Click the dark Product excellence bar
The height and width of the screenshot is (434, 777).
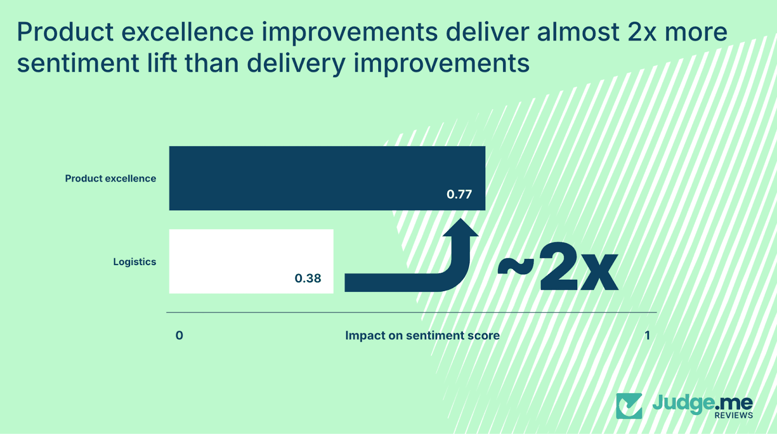[327, 178]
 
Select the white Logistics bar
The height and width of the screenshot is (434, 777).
[251, 261]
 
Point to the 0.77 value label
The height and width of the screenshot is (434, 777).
[459, 195]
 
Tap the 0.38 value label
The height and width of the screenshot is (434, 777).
[308, 279]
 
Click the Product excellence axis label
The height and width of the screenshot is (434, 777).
[111, 179]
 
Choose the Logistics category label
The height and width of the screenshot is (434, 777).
[135, 262]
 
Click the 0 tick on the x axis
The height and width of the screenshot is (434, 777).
[179, 335]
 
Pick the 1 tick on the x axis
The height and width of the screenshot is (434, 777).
[647, 335]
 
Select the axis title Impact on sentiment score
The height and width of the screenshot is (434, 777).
[422, 335]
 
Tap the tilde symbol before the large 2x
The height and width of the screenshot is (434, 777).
[516, 266]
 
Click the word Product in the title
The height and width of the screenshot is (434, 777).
[65, 33]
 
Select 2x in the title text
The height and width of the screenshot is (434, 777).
[642, 33]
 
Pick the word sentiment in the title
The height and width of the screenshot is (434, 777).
[78, 64]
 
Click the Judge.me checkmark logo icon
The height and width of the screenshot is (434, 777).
[629, 406]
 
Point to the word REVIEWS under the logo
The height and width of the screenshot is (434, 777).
[733, 416]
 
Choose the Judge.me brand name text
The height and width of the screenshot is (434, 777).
[702, 403]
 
